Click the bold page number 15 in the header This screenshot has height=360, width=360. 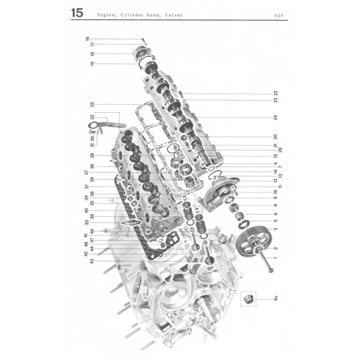coord(77,13)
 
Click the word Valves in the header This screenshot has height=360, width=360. coord(173,15)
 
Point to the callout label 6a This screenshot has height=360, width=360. coord(276,299)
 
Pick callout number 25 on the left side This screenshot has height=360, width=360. coord(92,104)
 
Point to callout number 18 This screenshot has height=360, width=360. coord(92,54)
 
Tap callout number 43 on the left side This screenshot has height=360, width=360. coord(92,262)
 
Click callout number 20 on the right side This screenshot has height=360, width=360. coord(276,137)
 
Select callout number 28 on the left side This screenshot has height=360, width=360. coord(92,155)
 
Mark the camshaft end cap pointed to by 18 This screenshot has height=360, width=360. coord(142,54)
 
